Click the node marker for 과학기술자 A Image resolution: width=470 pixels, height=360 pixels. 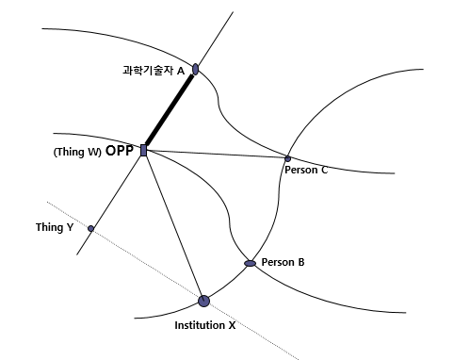pyautogui.click(x=195, y=69)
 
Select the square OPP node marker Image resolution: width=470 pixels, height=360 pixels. pyautogui.click(x=143, y=150)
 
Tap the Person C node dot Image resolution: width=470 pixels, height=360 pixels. pyautogui.click(x=288, y=158)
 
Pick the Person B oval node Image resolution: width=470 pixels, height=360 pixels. pyautogui.click(x=251, y=263)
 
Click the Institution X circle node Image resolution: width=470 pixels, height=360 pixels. pyautogui.click(x=203, y=301)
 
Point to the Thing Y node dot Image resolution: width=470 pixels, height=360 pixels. pyautogui.click(x=90, y=228)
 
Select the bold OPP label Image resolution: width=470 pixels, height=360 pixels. pyautogui.click(x=120, y=151)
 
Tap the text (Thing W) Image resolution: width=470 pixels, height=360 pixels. pyautogui.click(x=77, y=152)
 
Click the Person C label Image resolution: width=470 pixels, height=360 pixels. pyautogui.click(x=305, y=171)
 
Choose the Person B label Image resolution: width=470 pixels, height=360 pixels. pyautogui.click(x=283, y=262)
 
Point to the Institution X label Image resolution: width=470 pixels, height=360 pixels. pyautogui.click(x=204, y=325)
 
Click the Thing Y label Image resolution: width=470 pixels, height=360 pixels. pyautogui.click(x=55, y=227)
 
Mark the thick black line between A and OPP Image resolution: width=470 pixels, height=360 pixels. pyautogui.click(x=170, y=109)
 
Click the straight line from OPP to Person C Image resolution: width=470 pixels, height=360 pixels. pyautogui.click(x=217, y=155)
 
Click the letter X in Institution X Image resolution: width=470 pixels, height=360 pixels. pyautogui.click(x=232, y=325)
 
